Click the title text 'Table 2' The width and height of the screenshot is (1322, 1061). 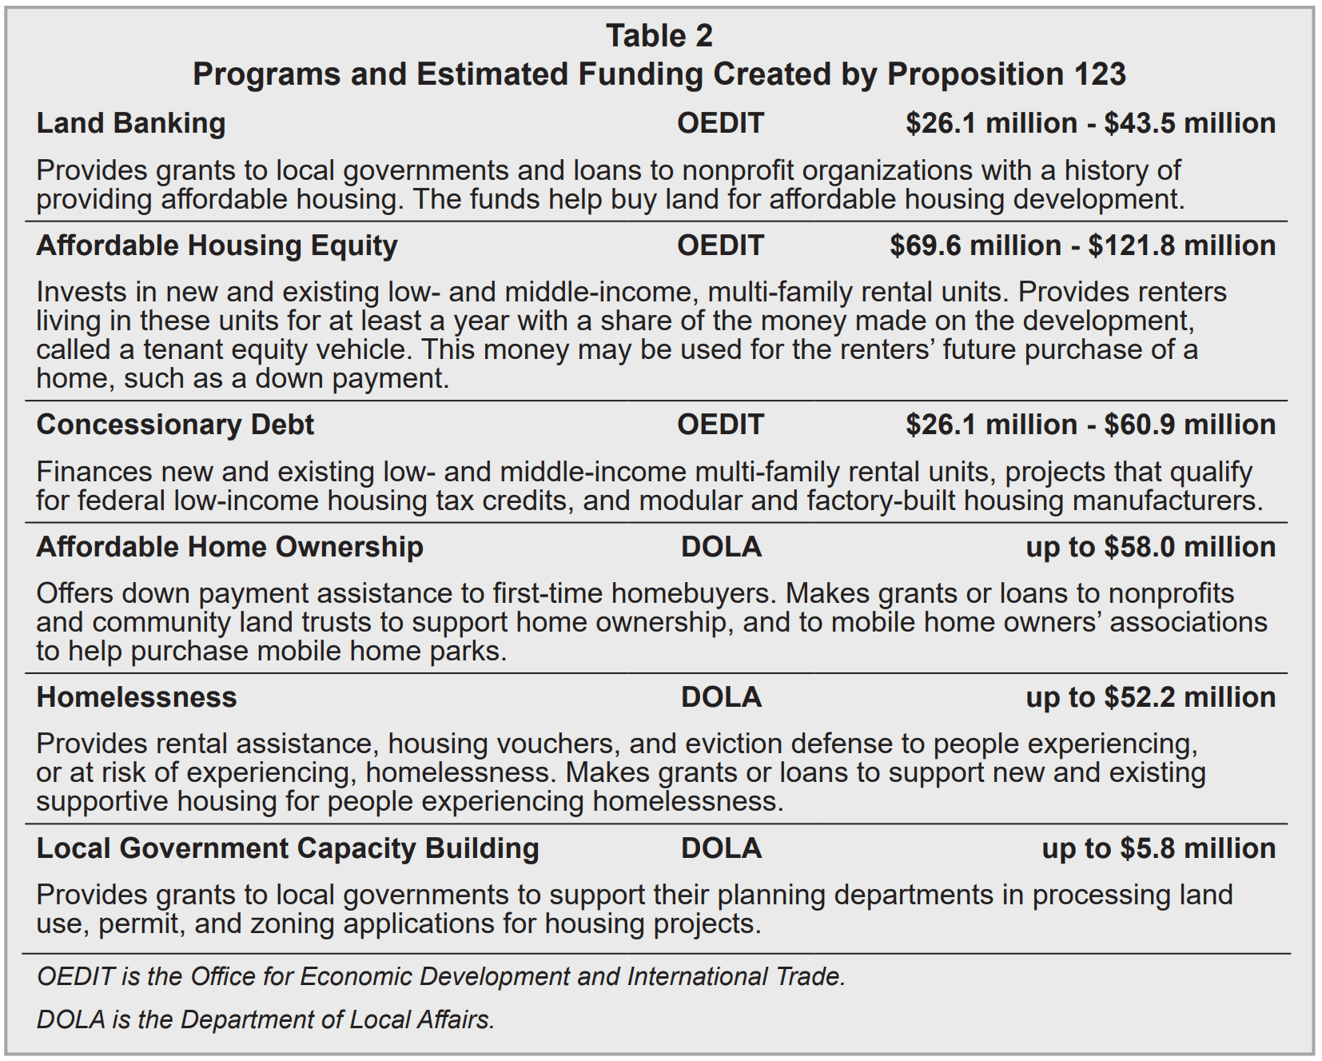[659, 36]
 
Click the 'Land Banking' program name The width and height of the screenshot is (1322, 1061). [131, 123]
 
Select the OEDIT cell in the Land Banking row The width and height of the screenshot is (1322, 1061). [720, 123]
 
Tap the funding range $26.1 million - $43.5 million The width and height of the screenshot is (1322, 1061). [1090, 123]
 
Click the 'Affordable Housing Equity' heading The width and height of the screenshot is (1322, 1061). [217, 245]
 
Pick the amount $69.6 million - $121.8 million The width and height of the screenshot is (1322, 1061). [1082, 245]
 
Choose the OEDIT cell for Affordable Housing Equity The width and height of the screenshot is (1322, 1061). [720, 245]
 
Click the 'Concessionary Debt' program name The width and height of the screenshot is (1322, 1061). [175, 425]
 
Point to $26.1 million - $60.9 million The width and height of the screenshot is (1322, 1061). [1090, 425]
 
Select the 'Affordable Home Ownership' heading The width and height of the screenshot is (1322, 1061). [229, 547]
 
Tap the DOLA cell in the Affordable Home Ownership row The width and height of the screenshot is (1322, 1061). [721, 547]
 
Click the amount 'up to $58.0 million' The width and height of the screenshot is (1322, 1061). [1150, 547]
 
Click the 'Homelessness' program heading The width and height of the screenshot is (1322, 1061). [137, 697]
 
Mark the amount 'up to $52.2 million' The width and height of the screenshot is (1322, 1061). [1150, 697]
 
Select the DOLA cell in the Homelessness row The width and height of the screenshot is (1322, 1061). [721, 697]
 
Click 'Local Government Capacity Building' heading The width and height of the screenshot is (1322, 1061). [288, 848]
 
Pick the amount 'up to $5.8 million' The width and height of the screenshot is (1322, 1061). [1158, 848]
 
